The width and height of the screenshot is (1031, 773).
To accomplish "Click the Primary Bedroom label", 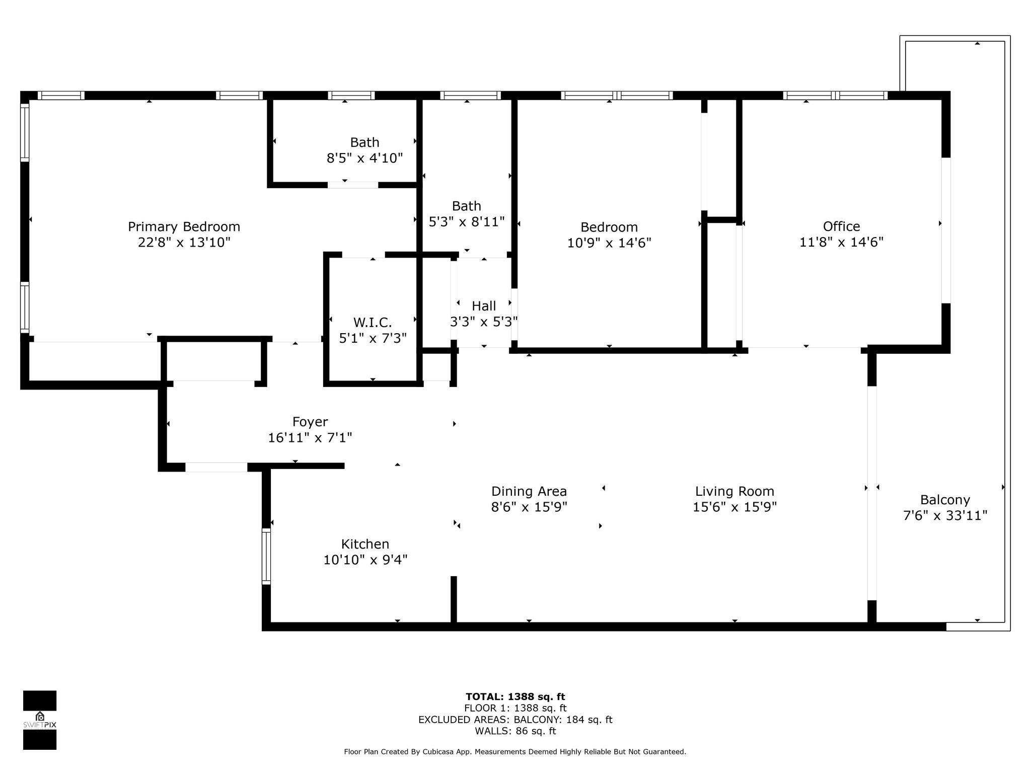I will coord(184,226).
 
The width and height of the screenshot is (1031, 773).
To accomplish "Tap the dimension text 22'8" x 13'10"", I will coord(184,243).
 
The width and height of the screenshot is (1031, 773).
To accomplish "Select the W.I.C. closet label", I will coord(373,322).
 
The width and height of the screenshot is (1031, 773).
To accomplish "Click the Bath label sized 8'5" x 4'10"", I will coord(364,142).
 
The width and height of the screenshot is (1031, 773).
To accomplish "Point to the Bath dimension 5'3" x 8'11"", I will coord(466,222).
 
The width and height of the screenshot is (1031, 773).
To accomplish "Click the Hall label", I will coord(484,306).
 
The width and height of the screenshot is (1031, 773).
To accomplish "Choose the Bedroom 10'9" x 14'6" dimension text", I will coord(609,243).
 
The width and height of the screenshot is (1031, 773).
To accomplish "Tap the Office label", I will coord(841,226).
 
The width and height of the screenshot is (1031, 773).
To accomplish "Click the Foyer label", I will coord(310,422).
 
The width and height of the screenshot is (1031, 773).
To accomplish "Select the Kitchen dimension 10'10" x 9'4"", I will coord(365,560).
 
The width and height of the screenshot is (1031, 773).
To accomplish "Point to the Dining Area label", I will coord(529,491).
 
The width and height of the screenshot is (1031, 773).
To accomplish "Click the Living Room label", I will coord(734,491).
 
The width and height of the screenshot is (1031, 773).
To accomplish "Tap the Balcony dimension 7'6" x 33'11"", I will coord(945,516).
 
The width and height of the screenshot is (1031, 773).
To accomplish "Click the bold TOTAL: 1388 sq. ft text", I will coord(515,697).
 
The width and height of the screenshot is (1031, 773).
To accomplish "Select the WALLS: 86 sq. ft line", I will coord(515,731).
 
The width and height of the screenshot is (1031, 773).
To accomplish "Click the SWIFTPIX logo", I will coord(40,720).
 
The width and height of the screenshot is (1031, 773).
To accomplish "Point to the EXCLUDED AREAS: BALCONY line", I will coord(515,720).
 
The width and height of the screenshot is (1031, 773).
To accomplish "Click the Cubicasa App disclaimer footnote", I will coord(515,752).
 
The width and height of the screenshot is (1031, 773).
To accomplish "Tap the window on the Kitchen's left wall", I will coord(266,556).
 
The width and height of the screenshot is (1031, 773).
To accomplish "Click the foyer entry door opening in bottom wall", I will coord(216,467).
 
